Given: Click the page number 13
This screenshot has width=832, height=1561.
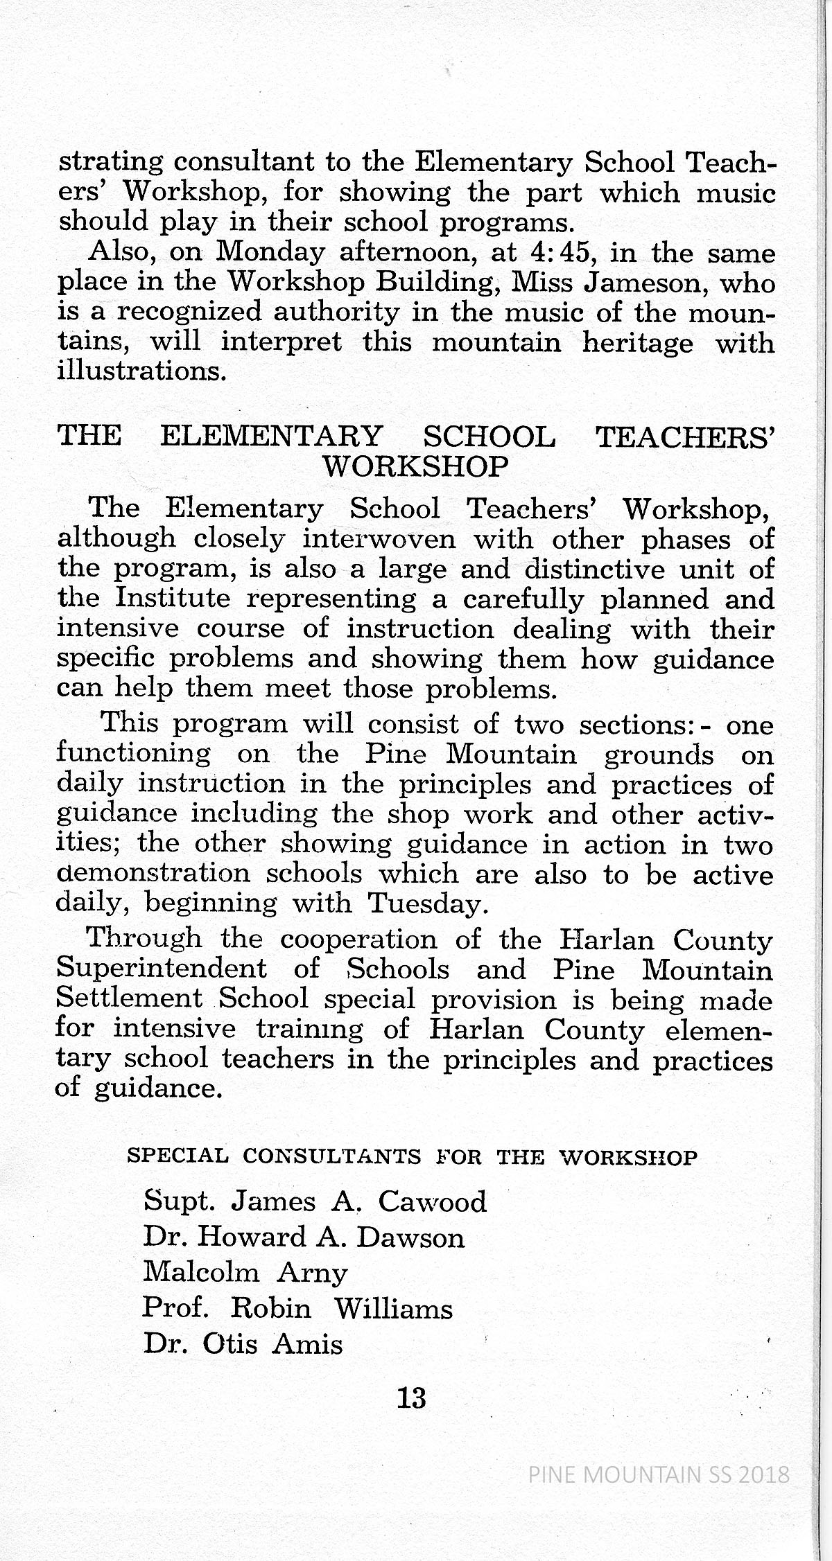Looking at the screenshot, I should click(x=411, y=1397).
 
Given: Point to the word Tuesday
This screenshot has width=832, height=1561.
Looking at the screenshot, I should click(x=424, y=903).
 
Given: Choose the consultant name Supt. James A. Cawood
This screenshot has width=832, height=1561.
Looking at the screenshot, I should click(x=315, y=1201).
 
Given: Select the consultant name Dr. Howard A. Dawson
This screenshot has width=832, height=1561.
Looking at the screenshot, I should click(x=304, y=1237).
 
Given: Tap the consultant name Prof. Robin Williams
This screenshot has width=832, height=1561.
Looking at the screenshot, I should click(x=297, y=1308).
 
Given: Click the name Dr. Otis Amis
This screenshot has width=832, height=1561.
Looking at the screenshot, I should click(x=243, y=1344).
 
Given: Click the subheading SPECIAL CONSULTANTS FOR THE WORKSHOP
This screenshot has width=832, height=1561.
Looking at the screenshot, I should click(x=412, y=1156).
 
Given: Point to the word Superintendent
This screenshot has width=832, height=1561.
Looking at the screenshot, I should click(x=161, y=969).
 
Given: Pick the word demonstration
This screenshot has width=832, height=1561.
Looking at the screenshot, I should click(x=153, y=873).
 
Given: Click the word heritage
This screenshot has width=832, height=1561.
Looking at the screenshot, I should click(x=637, y=343).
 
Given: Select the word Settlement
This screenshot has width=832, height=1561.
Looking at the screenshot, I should click(x=129, y=998).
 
